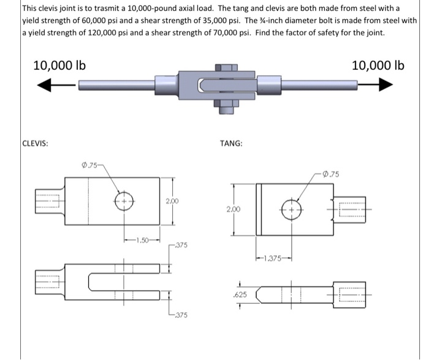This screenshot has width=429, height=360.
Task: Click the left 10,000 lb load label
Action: [x=59, y=65]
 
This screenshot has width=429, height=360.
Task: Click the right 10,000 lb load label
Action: [x=378, y=65]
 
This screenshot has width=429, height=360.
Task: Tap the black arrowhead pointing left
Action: [x=47, y=87]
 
